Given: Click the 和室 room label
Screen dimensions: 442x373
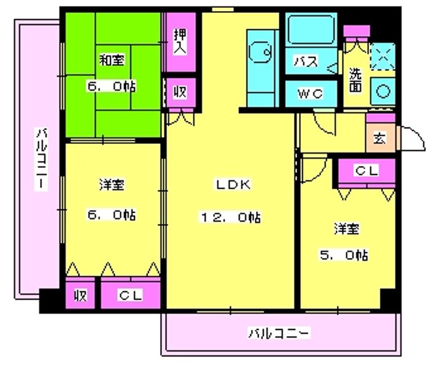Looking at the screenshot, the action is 112,60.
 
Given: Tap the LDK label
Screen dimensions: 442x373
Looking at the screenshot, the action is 233,184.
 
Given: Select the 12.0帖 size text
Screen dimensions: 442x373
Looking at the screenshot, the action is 231,217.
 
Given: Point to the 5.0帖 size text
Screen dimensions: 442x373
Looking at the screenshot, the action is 344,255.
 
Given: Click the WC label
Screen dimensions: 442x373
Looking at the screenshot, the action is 310,94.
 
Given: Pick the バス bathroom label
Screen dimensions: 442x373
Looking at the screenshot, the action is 306,61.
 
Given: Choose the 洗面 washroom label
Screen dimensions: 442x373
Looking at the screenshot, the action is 355,80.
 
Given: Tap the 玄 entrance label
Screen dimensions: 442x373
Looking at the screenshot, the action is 380,138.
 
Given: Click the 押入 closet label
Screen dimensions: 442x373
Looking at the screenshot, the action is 180,42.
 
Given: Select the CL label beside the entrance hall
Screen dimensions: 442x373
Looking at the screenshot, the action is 366,170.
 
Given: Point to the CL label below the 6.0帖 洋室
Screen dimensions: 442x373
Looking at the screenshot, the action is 130,295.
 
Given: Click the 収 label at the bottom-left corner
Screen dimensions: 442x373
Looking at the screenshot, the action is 80,295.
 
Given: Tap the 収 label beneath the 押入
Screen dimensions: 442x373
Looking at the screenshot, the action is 180,91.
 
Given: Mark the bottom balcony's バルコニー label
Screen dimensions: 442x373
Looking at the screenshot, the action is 279,333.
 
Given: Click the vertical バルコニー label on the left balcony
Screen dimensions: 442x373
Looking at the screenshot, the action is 41,159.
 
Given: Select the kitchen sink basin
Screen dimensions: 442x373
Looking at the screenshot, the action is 260,52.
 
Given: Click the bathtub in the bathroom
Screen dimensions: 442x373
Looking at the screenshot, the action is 311,30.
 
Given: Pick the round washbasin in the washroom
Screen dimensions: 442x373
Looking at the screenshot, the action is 383,91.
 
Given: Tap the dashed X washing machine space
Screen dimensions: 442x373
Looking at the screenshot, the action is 382,56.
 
